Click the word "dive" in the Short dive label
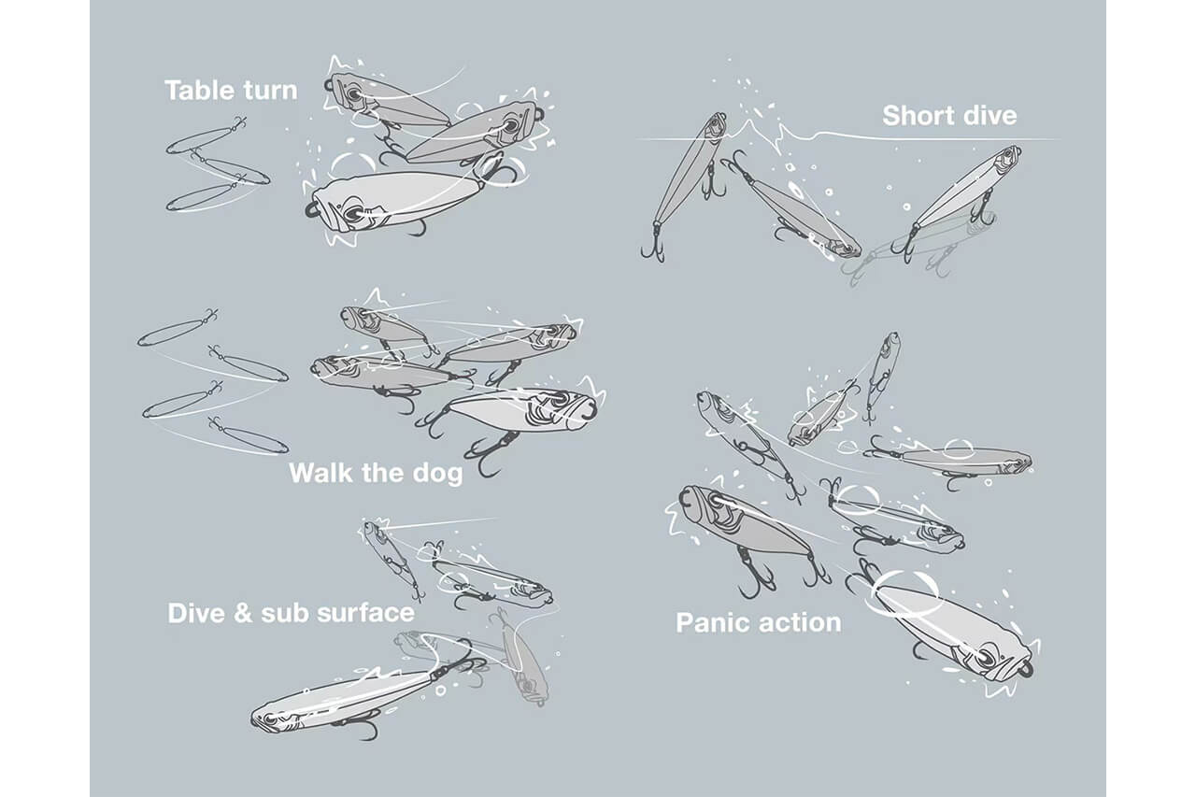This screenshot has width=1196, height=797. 991,116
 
